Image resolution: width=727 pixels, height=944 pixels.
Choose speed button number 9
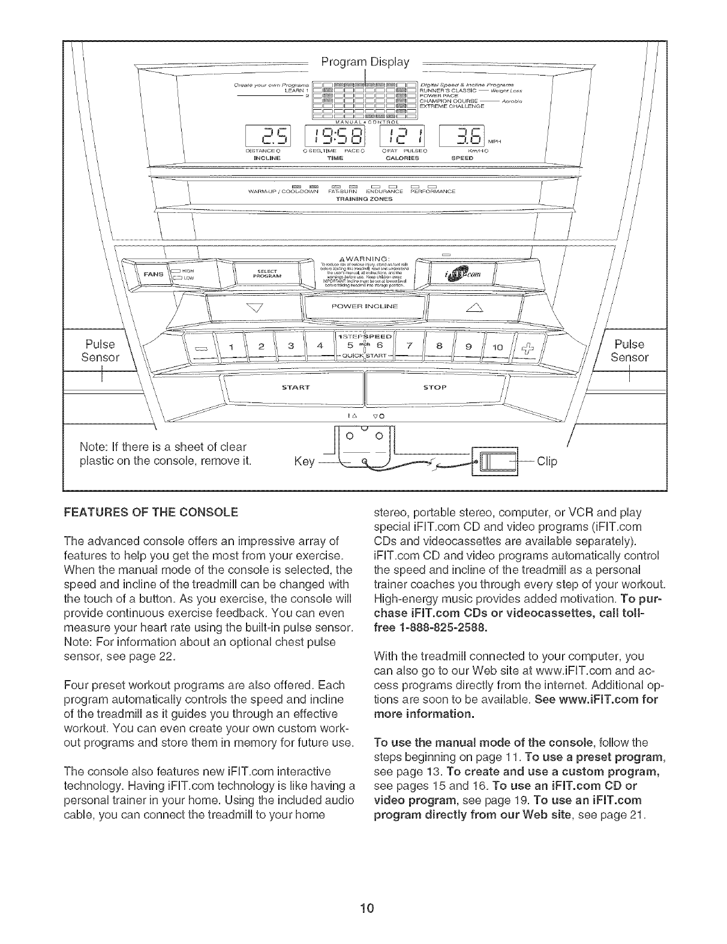(x=469, y=346)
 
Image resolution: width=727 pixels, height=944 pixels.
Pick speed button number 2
(x=260, y=346)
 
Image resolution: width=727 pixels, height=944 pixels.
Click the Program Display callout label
(x=365, y=62)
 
